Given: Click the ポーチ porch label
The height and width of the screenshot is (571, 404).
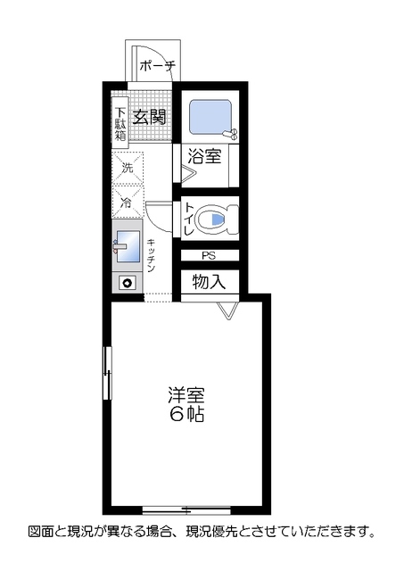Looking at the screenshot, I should point(158,65).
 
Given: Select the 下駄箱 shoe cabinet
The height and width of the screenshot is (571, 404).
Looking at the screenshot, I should point(120,124).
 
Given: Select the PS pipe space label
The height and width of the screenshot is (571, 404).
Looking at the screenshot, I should point(208,256).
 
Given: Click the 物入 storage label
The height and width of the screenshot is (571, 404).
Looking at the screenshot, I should point(210,281).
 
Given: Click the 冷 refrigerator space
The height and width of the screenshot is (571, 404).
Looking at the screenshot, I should point(127,203).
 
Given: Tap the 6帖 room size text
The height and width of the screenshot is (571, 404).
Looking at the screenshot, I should point(186,415).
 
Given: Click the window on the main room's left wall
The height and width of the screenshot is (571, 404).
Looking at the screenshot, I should point(107,374).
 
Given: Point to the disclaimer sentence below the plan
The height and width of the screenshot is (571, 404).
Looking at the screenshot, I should point(201,532).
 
